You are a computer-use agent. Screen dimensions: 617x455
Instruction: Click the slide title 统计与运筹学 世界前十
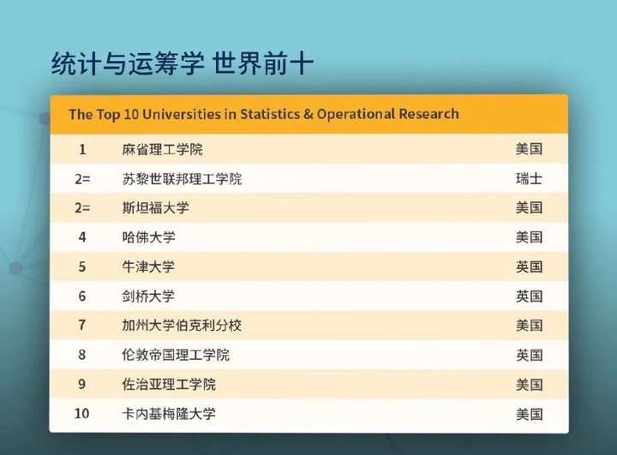(183, 63)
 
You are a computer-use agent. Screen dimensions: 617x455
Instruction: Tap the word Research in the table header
(428, 114)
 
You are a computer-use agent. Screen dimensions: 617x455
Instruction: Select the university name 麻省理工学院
(162, 150)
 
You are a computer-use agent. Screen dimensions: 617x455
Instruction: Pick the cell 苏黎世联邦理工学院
(182, 179)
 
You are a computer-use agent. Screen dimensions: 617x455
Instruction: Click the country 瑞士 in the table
(529, 179)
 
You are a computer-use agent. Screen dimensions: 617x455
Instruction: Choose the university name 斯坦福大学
(155, 208)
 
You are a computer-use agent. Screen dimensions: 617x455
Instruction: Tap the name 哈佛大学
(149, 237)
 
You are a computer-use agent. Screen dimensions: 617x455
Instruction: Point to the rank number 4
(82, 237)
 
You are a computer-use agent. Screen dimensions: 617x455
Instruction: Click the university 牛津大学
(148, 266)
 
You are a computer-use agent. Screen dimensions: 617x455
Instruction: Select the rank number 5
(82, 266)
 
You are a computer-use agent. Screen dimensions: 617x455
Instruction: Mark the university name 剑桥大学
(148, 296)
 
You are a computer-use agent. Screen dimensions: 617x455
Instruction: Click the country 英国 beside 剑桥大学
(530, 296)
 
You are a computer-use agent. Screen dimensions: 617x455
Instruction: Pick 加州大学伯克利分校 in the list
(182, 326)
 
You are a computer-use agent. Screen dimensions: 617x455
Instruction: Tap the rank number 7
(82, 325)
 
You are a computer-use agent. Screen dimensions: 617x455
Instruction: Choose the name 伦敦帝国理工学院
(176, 355)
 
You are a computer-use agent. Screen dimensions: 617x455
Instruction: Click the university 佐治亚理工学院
(169, 385)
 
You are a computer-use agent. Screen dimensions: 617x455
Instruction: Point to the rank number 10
(82, 414)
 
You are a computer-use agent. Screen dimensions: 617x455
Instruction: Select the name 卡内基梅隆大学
(169, 414)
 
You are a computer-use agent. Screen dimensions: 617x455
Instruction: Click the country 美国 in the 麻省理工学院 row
(530, 149)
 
